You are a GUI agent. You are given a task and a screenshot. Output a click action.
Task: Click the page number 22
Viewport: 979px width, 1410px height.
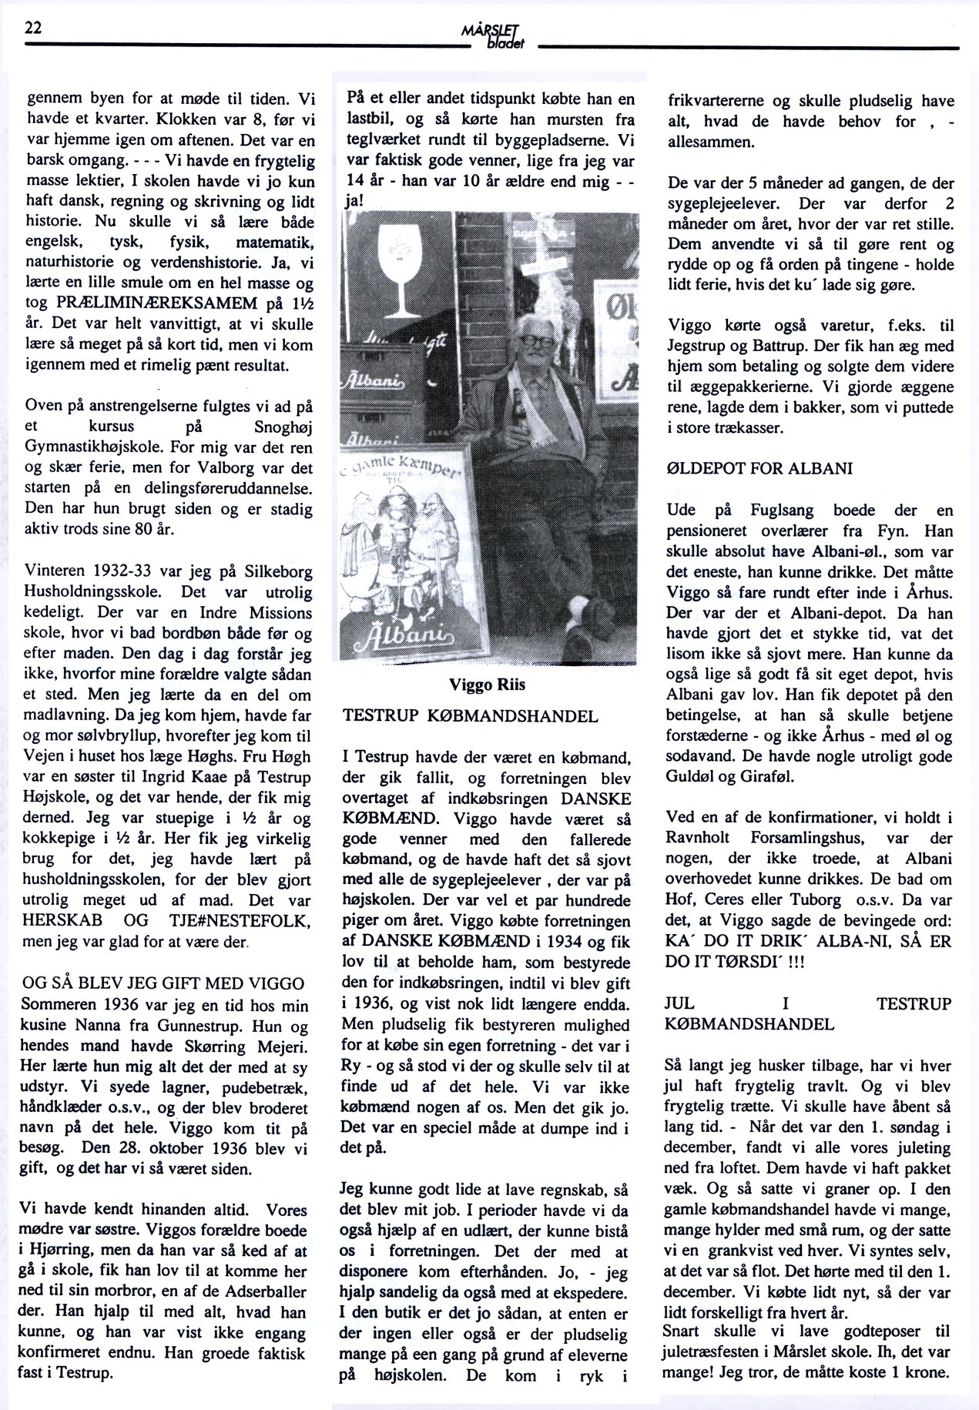(x=33, y=28)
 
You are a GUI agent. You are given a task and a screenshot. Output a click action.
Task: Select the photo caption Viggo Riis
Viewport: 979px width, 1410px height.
(x=488, y=686)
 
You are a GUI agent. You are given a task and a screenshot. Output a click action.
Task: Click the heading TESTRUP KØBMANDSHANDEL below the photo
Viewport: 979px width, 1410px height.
(x=470, y=716)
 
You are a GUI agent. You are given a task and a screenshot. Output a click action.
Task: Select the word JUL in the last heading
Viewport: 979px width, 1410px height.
(x=679, y=1004)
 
